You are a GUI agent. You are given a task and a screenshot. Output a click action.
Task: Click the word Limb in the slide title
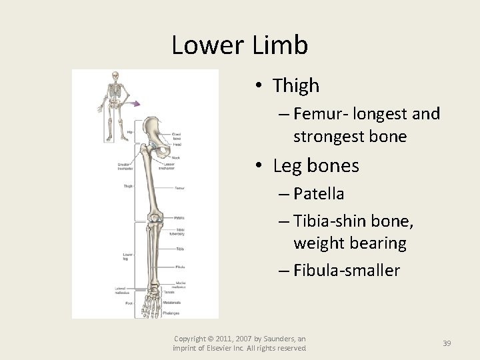point(280,45)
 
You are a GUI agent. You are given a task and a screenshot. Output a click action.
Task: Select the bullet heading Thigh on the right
point(296,86)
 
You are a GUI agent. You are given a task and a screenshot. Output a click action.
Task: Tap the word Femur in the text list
point(316,114)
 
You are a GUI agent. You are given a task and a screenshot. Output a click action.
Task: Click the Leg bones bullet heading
point(315,166)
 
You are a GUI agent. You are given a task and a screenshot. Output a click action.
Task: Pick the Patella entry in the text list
point(319,194)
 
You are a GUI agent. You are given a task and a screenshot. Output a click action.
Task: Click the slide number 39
point(447,343)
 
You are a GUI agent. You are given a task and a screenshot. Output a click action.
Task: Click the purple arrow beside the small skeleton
point(135,103)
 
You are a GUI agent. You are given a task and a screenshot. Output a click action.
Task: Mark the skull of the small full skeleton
point(114,76)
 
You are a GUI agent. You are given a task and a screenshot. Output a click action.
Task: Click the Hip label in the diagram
point(129,133)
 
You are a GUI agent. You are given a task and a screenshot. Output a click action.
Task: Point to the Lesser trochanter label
point(167,167)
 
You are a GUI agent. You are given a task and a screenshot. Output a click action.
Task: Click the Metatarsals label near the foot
point(173,302)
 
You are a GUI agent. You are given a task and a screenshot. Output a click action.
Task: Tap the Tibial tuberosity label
point(176,232)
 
